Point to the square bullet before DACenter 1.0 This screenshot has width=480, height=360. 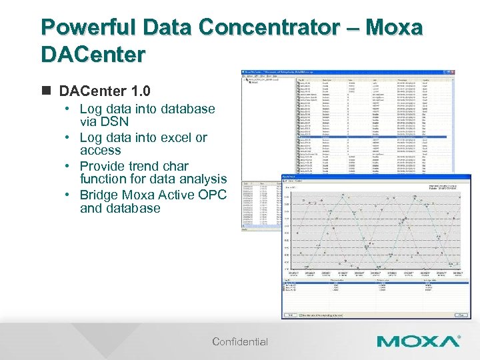coord(46,91)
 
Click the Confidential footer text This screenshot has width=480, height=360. coord(240,342)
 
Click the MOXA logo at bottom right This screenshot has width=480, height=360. coord(418,342)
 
